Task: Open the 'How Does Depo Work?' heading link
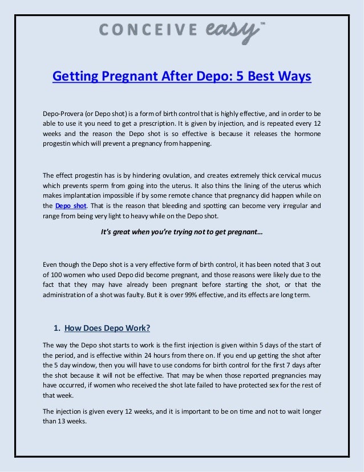[108, 328]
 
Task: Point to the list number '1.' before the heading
[56, 328]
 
